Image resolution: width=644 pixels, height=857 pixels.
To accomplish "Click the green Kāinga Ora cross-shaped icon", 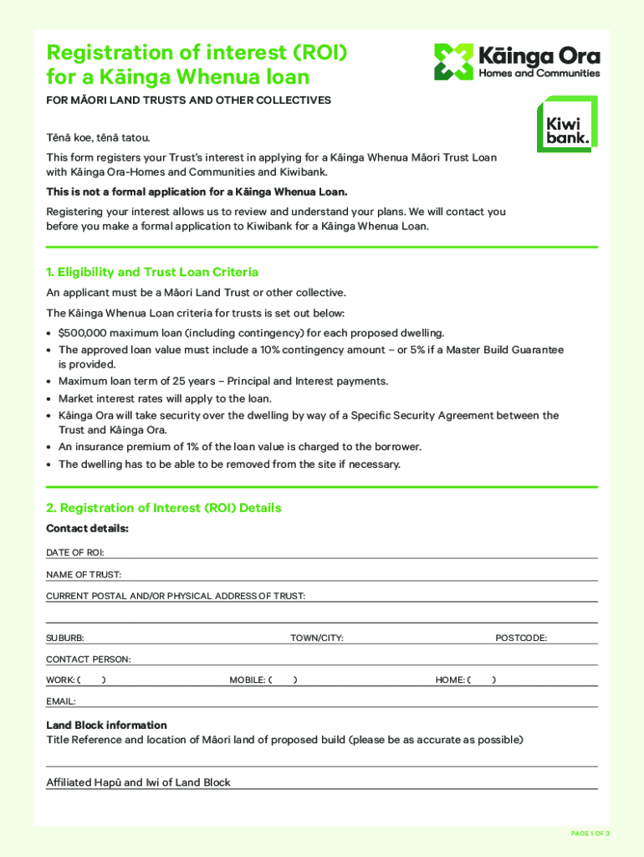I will point(453,62).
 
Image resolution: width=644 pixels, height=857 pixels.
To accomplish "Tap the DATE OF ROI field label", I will point(74,553).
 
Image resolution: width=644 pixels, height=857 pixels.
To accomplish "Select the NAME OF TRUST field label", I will point(84,575).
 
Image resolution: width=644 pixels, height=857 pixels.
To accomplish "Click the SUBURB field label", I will point(64,639).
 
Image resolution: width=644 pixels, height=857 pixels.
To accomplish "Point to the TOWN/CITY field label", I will point(317,639).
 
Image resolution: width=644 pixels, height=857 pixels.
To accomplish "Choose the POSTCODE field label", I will point(521,639).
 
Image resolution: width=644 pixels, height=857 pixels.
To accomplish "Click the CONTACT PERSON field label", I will point(88,659).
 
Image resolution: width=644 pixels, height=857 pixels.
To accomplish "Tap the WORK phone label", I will point(62,680).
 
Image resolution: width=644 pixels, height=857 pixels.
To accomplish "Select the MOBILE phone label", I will point(248,680).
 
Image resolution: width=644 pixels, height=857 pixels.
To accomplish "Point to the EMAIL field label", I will point(61,701).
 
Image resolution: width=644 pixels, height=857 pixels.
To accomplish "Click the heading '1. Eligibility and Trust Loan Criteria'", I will point(152,272).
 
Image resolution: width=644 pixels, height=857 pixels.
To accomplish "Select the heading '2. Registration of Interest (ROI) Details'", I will point(164,508).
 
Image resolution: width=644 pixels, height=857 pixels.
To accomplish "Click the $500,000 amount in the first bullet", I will point(85,333).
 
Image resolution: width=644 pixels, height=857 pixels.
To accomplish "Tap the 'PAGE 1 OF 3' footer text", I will point(590,834).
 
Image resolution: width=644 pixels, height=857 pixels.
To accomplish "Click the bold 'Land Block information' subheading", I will point(106,725).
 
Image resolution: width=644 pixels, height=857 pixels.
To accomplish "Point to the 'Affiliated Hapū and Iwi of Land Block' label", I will point(138,783).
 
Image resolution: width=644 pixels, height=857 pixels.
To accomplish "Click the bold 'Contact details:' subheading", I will point(87,529).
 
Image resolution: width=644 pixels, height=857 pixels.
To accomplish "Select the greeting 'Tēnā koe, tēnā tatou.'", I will point(98,137).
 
